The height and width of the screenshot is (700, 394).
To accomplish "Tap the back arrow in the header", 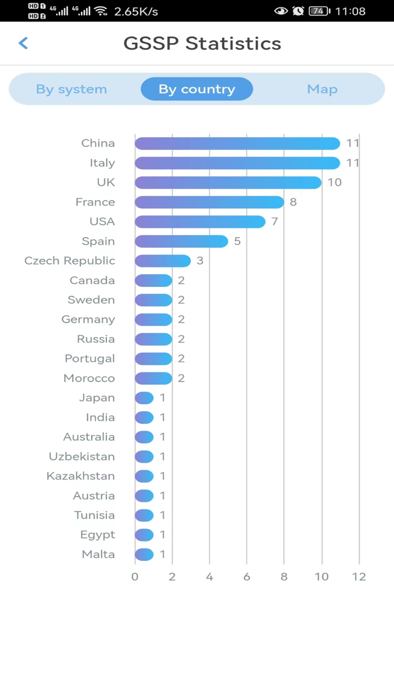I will [x=23, y=43].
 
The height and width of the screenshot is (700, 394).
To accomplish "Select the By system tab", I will [x=71, y=89].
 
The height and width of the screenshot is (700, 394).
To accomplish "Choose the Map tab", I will [x=322, y=89].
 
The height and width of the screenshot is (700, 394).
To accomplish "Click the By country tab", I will [x=196, y=89].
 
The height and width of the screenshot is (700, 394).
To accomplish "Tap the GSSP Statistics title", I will [x=202, y=43].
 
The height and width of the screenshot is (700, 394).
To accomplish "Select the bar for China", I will [x=237, y=143].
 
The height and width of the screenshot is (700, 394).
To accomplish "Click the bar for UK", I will [x=228, y=182].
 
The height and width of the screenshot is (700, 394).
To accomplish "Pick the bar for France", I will [x=209, y=202].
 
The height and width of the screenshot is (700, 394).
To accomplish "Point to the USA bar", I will [x=200, y=222].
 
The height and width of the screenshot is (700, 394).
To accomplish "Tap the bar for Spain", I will [x=181, y=241].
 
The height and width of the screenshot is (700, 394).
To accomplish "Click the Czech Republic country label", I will [x=70, y=261].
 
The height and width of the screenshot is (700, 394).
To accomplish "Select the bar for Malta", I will [x=144, y=554].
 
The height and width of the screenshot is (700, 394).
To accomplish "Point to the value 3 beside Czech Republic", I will [x=200, y=261].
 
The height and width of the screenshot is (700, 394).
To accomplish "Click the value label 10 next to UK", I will [x=334, y=182].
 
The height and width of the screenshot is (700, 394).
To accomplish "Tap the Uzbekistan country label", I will [x=82, y=456].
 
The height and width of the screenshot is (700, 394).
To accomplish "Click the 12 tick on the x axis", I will [x=359, y=577].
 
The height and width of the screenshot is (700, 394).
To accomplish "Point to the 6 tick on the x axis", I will [x=247, y=577].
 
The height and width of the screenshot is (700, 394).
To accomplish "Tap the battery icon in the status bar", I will [x=319, y=11].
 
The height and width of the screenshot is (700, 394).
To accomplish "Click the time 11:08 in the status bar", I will [x=350, y=11].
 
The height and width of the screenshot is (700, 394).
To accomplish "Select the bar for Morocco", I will [x=153, y=378].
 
